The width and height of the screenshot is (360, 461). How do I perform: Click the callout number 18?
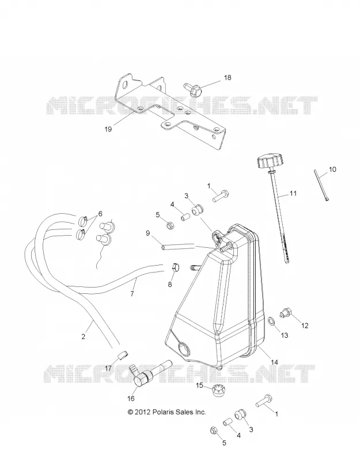pyautogui.click(x=228, y=78)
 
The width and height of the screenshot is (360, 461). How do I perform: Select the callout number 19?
pyautogui.click(x=108, y=129)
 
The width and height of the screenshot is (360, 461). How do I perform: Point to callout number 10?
pyautogui.click(x=332, y=169)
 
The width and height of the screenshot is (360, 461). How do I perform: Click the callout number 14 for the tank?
pyautogui.click(x=274, y=362)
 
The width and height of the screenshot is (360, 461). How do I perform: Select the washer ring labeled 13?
pyautogui.click(x=272, y=322)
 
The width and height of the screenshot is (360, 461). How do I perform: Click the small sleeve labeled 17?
pyautogui.click(x=123, y=354)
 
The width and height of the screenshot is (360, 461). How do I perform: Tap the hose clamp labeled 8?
pyautogui.click(x=175, y=267)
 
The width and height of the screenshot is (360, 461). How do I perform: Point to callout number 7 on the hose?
pyautogui.click(x=132, y=293)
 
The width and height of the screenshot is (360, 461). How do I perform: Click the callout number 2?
pyautogui.click(x=83, y=337)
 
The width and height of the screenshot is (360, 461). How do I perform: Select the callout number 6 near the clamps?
pyautogui.click(x=100, y=214)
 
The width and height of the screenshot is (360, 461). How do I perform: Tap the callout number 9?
pyautogui.click(x=148, y=233)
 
